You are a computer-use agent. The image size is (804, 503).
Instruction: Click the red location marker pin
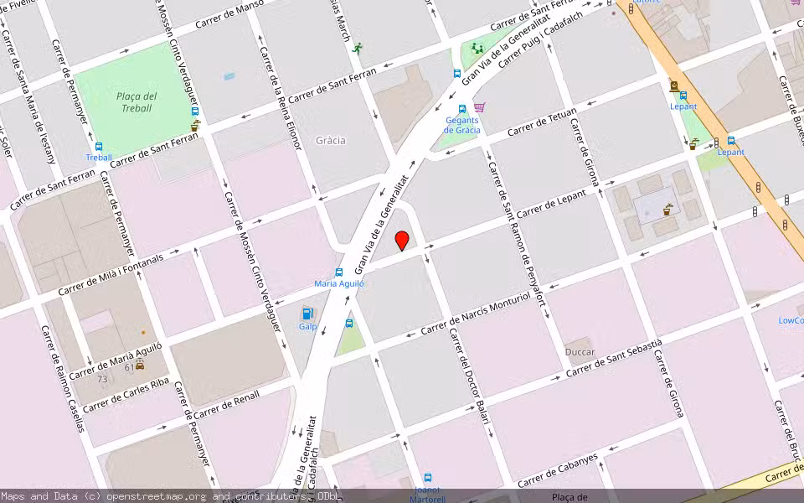pos(402,241)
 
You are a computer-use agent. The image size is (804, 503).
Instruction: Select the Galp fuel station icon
pos(307,314)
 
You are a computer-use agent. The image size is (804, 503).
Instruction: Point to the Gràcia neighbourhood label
pos(331,141)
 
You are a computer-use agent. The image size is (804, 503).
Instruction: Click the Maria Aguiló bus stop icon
pos(339,272)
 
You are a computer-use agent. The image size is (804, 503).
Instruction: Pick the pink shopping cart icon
pos(479,107)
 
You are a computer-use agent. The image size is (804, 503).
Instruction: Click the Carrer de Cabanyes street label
pos(558,470)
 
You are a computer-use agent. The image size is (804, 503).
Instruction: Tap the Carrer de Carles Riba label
pos(126,396)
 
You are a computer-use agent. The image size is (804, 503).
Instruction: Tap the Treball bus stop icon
pos(99,147)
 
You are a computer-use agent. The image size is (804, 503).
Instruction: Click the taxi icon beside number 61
pos(140,365)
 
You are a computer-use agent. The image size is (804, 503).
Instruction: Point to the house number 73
pos(101,379)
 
